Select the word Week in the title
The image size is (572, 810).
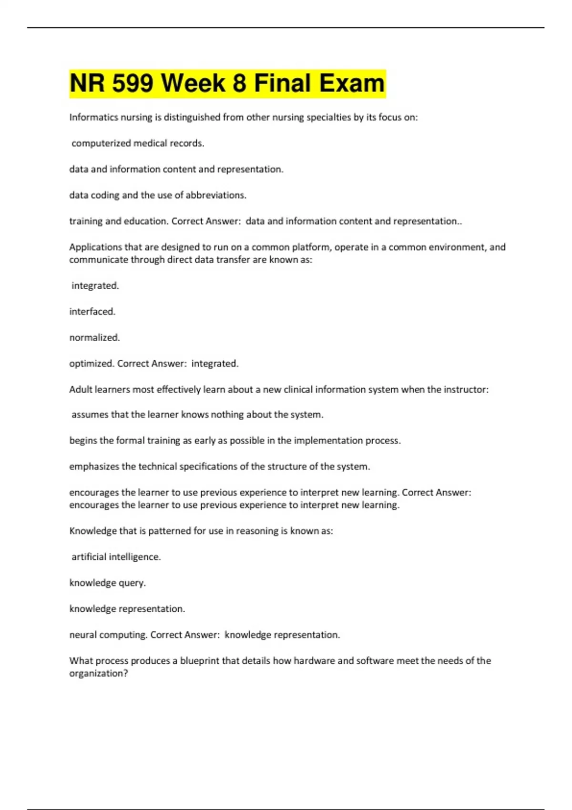click(x=193, y=83)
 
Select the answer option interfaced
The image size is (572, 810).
click(x=92, y=312)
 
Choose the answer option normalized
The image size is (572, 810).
click(x=94, y=338)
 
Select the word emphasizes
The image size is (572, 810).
click(x=94, y=466)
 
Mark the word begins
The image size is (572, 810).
click(x=83, y=441)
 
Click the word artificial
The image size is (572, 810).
click(x=89, y=557)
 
